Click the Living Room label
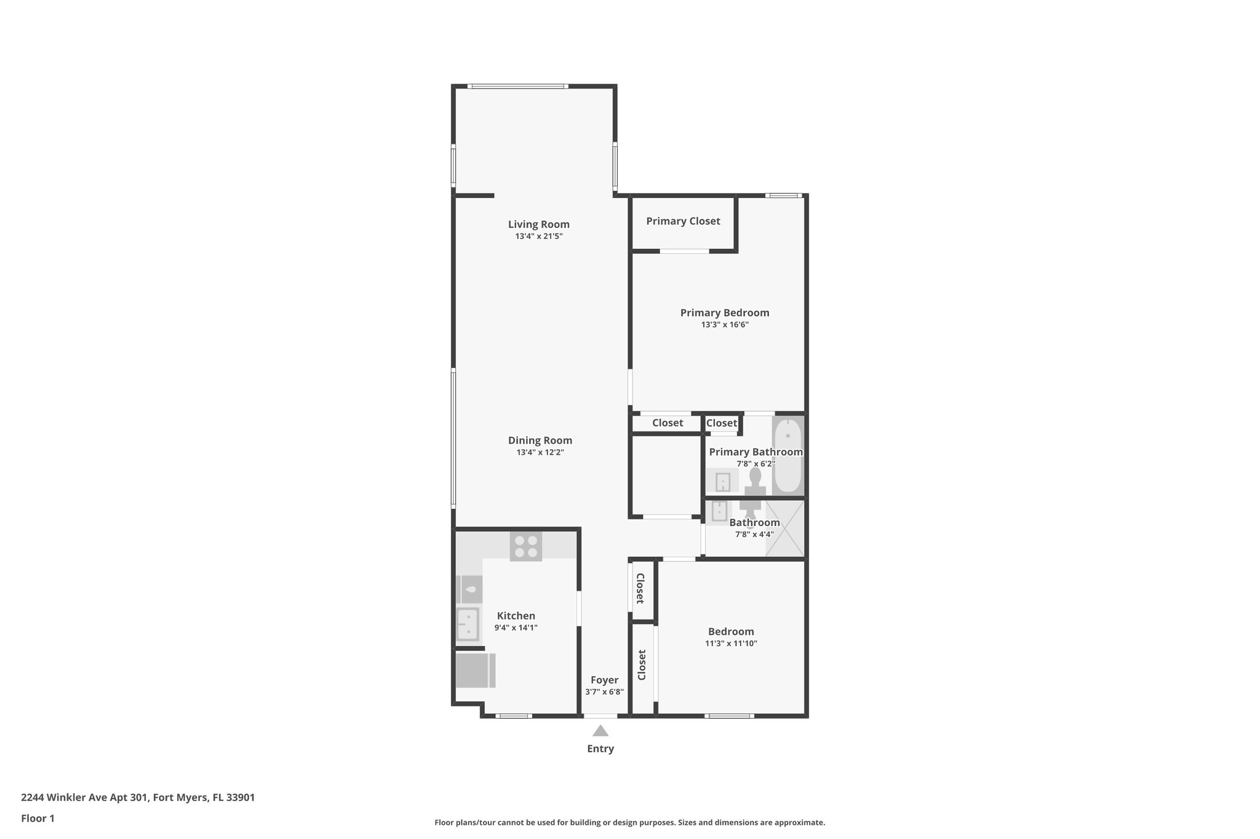(x=538, y=224)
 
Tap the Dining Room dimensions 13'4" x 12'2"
(x=540, y=452)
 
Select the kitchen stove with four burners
(x=525, y=546)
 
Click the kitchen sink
(x=468, y=624)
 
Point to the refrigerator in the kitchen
(x=475, y=670)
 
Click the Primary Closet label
(x=682, y=221)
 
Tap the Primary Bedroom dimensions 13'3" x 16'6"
(x=724, y=325)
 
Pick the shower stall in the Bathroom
(x=784, y=529)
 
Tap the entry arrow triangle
(x=600, y=731)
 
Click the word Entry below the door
(x=600, y=749)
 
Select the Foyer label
(x=604, y=680)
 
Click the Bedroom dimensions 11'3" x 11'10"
(x=730, y=644)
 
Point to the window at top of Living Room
(x=517, y=87)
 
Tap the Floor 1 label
(x=38, y=818)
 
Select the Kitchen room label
(x=516, y=616)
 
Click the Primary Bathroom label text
(x=755, y=452)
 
